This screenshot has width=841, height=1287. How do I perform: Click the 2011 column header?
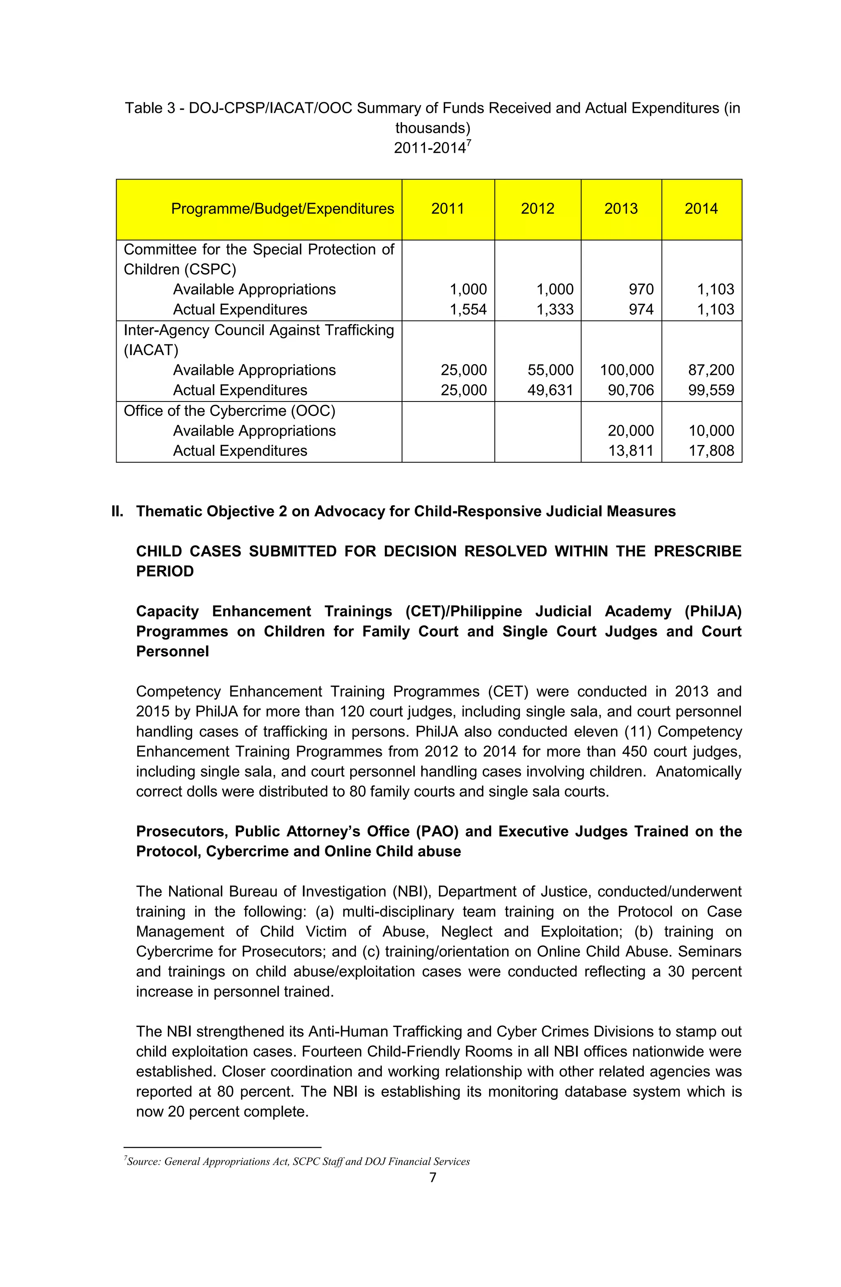click(x=448, y=209)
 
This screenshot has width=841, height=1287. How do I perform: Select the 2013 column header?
click(x=621, y=209)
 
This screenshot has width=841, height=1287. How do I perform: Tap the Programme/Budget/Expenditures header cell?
click(x=282, y=209)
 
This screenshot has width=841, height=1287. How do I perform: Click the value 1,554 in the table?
click(x=468, y=309)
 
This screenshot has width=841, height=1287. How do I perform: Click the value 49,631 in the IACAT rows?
click(x=550, y=390)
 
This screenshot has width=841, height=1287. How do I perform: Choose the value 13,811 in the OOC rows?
click(x=631, y=450)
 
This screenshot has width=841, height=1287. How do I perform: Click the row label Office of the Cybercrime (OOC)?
click(x=229, y=411)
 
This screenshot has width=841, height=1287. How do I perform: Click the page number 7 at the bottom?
click(x=432, y=1177)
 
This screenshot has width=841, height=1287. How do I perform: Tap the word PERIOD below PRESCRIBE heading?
click(x=165, y=571)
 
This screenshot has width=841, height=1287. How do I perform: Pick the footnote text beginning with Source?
click(x=297, y=1161)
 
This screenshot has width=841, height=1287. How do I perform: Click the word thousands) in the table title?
click(x=432, y=128)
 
